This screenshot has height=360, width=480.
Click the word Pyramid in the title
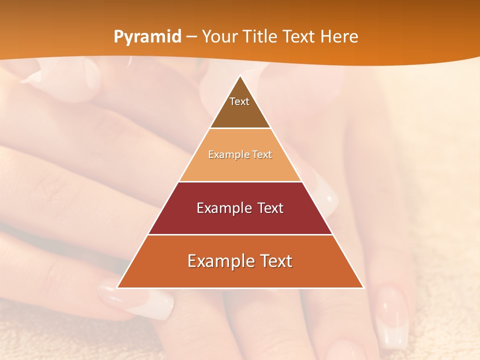(x=147, y=37)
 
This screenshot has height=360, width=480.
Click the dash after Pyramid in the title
(x=191, y=37)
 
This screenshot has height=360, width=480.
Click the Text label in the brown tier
(x=239, y=101)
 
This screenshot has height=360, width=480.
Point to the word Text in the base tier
(x=275, y=261)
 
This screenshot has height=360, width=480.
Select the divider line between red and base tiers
(x=240, y=234)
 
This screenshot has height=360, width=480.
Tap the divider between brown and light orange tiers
(x=240, y=128)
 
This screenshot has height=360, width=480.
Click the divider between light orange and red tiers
(x=240, y=181)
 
